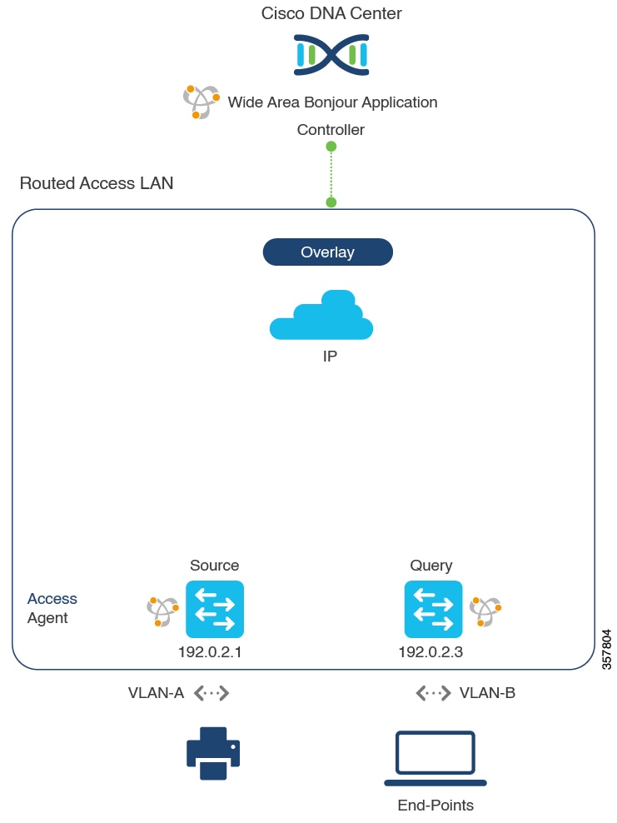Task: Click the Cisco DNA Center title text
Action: click(331, 13)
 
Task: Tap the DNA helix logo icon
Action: click(331, 55)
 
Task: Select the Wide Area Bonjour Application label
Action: click(332, 102)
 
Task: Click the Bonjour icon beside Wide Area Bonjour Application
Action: click(201, 102)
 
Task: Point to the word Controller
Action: click(331, 130)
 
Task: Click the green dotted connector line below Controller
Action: click(331, 174)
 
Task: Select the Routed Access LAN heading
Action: click(97, 183)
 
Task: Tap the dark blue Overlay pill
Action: click(327, 252)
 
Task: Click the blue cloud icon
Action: click(321, 316)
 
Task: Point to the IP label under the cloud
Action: click(330, 357)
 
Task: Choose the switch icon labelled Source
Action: click(215, 609)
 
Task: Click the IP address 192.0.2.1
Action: click(210, 652)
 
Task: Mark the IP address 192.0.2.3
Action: click(430, 652)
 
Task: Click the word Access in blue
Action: click(52, 599)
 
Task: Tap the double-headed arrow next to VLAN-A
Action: click(211, 693)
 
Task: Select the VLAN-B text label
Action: click(487, 693)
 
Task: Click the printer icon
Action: click(212, 753)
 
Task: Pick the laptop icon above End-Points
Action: click(435, 759)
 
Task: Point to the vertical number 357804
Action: click(606, 651)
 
